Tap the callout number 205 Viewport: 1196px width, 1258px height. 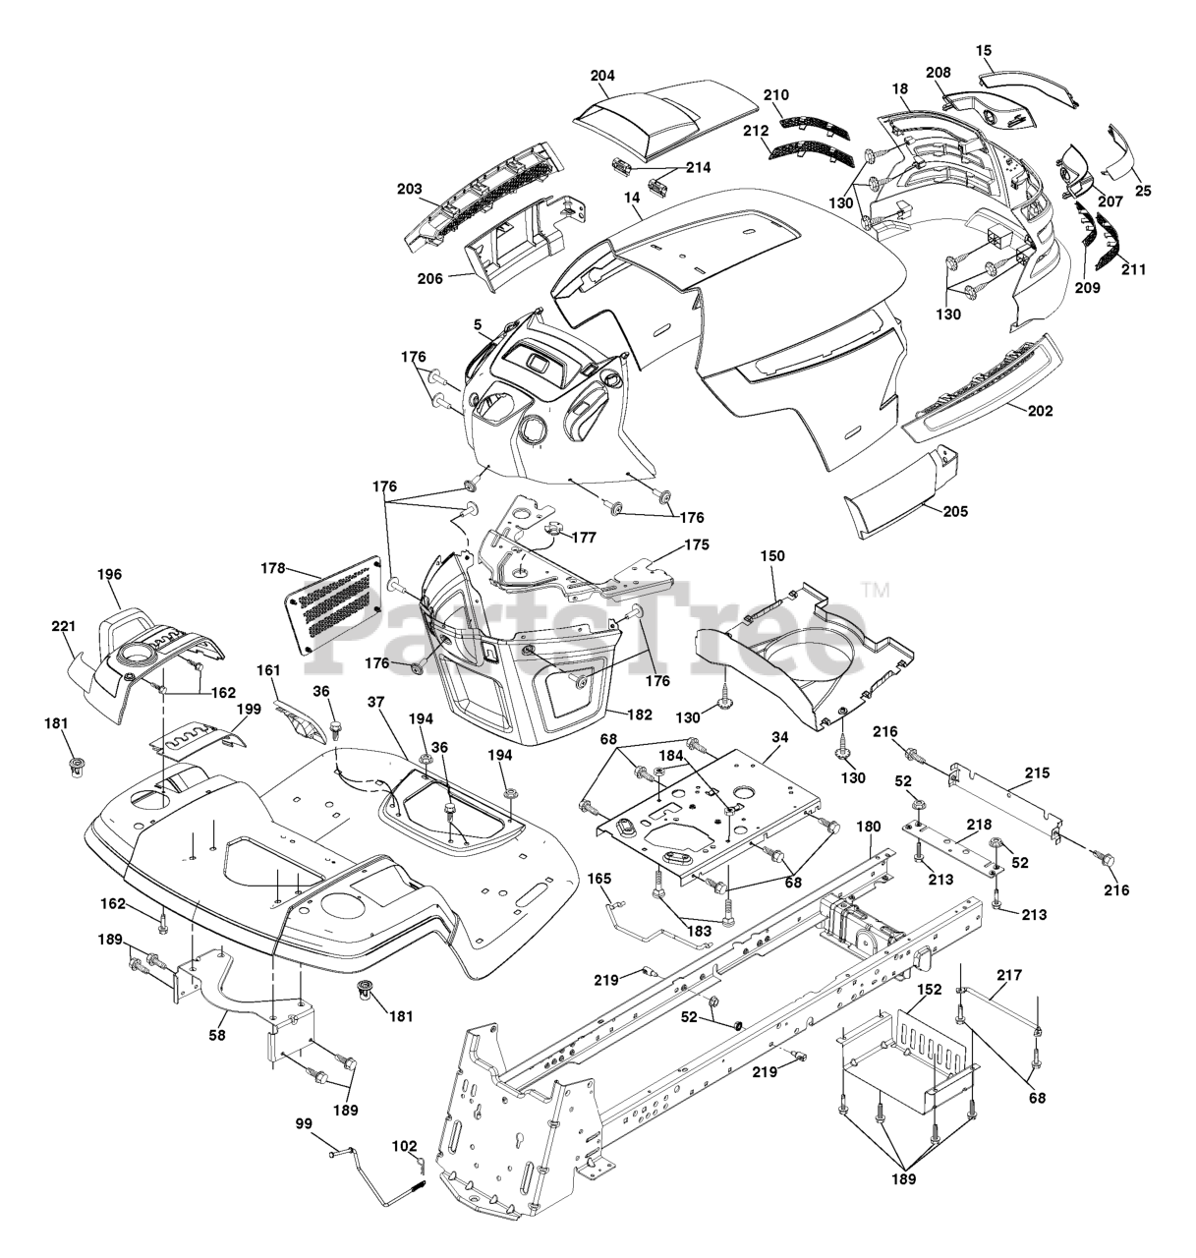coord(953,511)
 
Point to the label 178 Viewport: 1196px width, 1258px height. coord(273,568)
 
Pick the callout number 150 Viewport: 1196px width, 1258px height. coord(772,557)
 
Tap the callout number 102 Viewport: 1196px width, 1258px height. coord(405,1146)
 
